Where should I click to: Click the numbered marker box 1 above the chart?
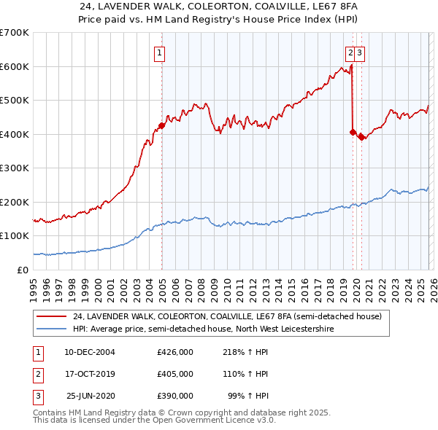pos(158,52)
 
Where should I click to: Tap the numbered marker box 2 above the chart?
pos(350,52)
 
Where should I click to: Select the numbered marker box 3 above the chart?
pos(361,52)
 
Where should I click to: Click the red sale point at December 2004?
pos(161,125)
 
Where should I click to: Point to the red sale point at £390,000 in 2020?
pos(361,138)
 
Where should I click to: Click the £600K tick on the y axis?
pos(15,66)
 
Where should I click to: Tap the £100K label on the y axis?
pos(15,236)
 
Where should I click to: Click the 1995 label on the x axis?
pos(33,286)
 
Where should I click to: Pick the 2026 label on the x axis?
pos(431,286)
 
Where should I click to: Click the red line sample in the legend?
pos(51,317)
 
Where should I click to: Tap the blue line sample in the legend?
pos(51,329)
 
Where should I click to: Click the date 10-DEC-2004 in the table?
pos(90,352)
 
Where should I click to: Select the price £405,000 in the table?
pos(175,374)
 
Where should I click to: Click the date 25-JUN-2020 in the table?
pos(91,396)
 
